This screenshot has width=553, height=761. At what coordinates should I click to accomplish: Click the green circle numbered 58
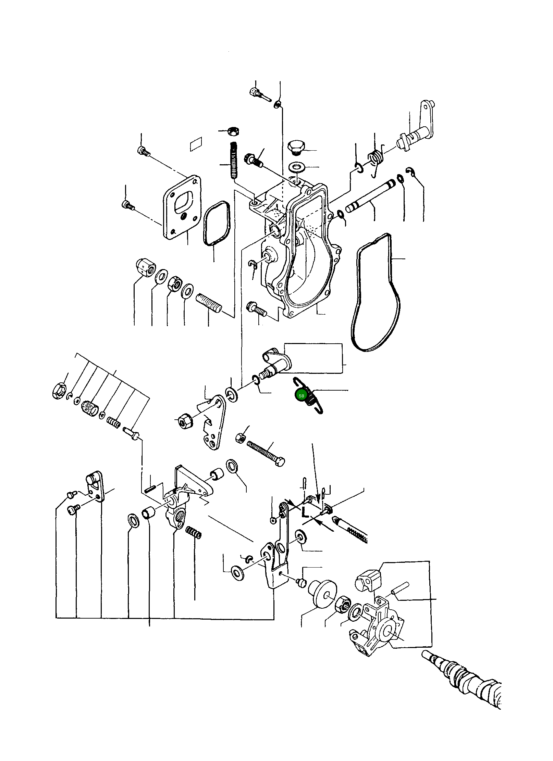coord(301,396)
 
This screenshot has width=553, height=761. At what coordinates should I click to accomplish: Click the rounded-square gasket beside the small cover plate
coord(216,223)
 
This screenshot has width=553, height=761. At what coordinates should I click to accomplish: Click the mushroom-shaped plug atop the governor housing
coord(295,146)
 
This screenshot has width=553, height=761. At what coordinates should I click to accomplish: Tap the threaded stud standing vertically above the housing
coord(233,161)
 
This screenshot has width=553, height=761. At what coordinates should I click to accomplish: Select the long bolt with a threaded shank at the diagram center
coord(266,452)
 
